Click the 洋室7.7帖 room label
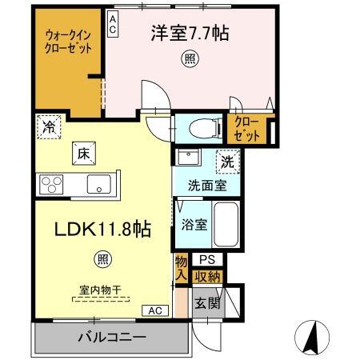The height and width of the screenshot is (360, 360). coord(189,34)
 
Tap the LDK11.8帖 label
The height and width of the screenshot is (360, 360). coord(102,229)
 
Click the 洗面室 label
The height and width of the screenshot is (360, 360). coord(206,185)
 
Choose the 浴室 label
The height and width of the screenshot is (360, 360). coord(195,224)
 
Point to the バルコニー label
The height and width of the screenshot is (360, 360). coord(111,337)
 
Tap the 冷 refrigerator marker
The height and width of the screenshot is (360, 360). coord(50,126)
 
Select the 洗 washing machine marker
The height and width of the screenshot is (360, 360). coord(229,161)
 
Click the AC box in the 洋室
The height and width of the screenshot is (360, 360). coord(114,25)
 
